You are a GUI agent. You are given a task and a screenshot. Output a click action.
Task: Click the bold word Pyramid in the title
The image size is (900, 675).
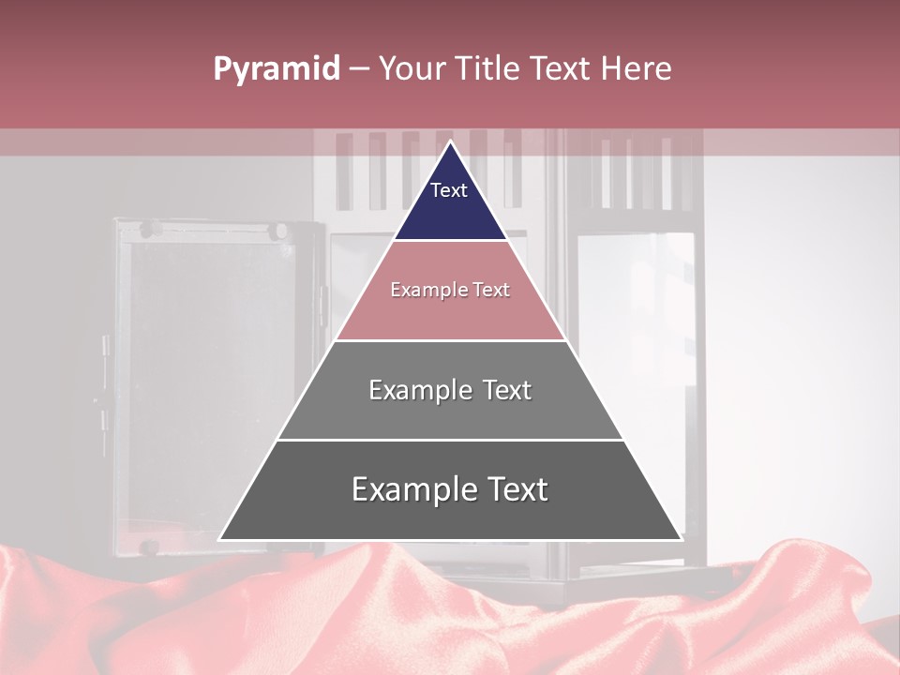pyautogui.click(x=276, y=69)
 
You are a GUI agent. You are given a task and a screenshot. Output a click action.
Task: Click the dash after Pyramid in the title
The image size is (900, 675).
pyautogui.click(x=359, y=69)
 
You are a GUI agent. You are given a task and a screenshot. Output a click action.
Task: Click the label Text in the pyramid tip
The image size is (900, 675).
pyautogui.click(x=449, y=190)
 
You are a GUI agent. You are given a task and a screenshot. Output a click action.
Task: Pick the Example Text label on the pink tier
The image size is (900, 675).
pyautogui.click(x=450, y=290)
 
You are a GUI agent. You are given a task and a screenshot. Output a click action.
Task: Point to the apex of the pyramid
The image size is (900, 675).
pyautogui.click(x=450, y=143)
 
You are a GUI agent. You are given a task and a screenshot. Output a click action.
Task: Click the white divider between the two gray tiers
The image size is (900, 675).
pyautogui.click(x=450, y=440)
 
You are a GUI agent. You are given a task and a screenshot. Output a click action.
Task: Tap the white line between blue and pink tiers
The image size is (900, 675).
pyautogui.click(x=450, y=240)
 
